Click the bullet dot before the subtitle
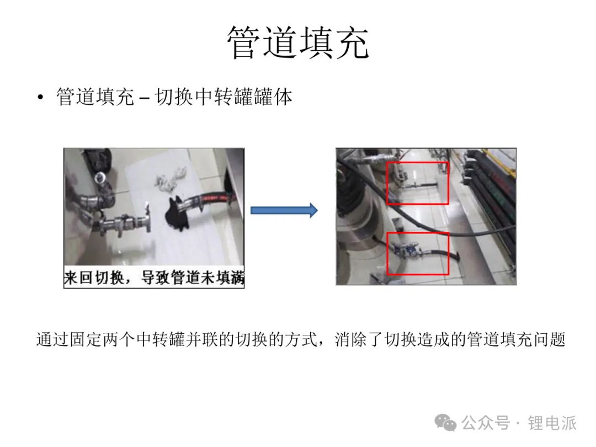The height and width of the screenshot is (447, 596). (x=40, y=97)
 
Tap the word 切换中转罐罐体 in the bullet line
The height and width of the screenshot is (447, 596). (x=224, y=97)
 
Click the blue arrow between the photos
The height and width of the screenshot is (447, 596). (x=284, y=210)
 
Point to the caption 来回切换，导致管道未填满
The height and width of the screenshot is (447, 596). (x=154, y=278)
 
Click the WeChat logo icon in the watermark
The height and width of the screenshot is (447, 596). (x=445, y=422)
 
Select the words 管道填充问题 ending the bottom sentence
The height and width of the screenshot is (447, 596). (x=517, y=339)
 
